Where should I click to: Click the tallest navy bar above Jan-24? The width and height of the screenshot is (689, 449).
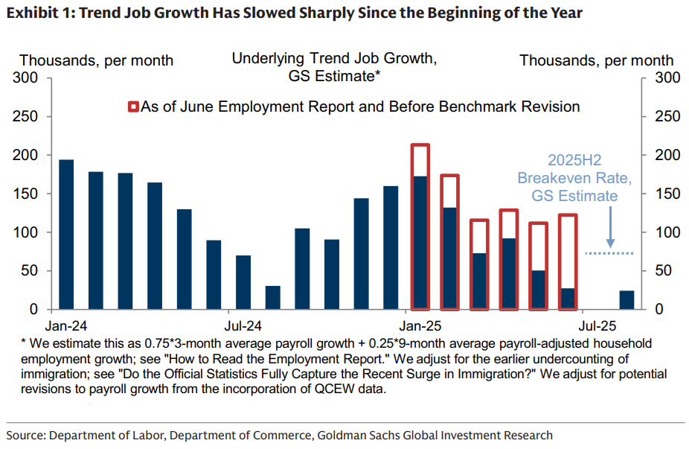[x=66, y=234]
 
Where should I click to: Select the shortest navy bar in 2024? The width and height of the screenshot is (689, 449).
[x=273, y=297]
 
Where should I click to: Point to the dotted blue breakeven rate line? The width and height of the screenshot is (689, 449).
[x=609, y=253]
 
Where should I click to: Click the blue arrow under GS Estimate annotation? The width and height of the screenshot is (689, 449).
[x=610, y=227]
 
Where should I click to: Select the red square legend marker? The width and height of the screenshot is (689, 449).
[x=134, y=107]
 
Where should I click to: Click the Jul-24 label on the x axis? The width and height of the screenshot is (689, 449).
[x=243, y=325]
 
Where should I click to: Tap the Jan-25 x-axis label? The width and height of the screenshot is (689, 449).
[x=420, y=325]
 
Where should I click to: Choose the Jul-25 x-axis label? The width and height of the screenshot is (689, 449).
[x=597, y=325]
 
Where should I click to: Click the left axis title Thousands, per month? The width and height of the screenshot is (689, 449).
[x=96, y=60]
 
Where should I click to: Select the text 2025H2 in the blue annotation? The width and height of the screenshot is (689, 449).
[x=568, y=161]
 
